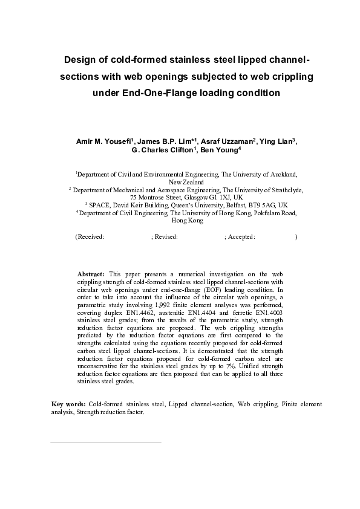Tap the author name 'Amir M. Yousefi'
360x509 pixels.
point(101,141)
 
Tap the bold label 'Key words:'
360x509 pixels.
point(68,403)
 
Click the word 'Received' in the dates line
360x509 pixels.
point(91,237)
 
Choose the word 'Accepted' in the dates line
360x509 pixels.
point(241,237)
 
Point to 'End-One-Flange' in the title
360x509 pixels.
point(155,93)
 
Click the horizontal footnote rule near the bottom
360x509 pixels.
point(105,442)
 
